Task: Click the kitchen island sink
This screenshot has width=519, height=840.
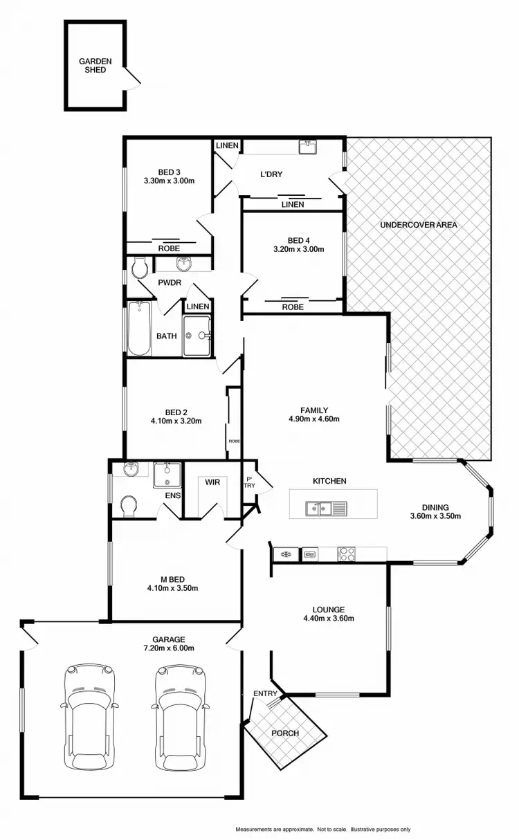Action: [x=320, y=510]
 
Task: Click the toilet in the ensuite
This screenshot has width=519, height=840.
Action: [x=128, y=506]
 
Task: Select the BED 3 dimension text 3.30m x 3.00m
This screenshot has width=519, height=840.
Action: [x=168, y=181]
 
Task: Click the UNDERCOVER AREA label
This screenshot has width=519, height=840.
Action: [x=419, y=225]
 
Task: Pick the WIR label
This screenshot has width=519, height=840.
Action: [x=212, y=482]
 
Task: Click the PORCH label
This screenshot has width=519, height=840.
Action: [x=285, y=733]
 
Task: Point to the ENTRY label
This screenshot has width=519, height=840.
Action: [x=265, y=693]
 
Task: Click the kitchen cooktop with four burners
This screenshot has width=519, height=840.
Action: [x=347, y=554]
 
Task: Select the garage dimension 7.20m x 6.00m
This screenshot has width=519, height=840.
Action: [x=169, y=648]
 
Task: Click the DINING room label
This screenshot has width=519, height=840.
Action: [x=435, y=506]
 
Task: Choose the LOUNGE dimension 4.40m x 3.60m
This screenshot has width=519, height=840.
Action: [x=329, y=619]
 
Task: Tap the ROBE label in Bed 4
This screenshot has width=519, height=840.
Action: [x=293, y=307]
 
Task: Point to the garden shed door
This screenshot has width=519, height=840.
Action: [x=133, y=78]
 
